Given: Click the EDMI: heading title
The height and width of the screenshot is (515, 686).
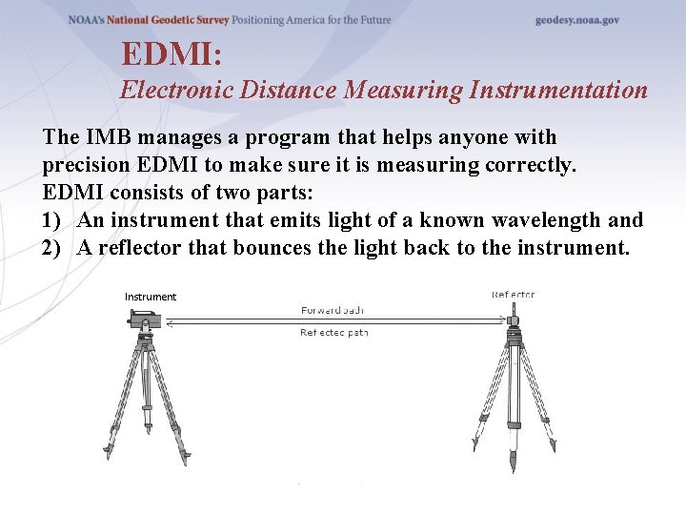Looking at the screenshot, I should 171,53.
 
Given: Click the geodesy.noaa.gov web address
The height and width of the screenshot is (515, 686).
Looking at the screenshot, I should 576,20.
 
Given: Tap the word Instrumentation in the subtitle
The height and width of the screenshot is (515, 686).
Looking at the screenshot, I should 558,91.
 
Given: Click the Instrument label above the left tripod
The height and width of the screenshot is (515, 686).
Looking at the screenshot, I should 151,297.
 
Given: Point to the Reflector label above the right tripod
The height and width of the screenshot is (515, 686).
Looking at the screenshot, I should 514,295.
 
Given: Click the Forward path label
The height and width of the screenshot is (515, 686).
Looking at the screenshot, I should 333,311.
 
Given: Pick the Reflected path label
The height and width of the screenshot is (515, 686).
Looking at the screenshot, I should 333,333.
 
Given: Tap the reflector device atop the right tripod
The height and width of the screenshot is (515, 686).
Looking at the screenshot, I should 514,314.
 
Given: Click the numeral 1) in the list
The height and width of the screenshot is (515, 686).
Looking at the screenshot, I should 53,220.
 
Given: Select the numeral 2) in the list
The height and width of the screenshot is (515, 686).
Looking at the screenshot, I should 53,248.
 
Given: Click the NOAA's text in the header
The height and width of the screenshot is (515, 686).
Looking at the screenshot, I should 87,20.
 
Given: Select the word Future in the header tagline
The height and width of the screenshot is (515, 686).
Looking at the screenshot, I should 372,20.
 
